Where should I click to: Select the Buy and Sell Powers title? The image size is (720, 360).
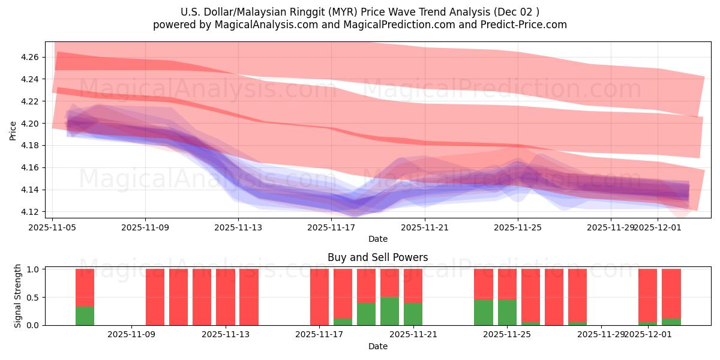pos(377,257)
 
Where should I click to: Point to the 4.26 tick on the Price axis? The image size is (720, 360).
pos(30,57)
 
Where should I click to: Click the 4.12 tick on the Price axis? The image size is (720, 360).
pos(30,212)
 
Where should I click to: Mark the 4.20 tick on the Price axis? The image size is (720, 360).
pos(30,124)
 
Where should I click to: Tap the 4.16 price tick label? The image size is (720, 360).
pos(30,168)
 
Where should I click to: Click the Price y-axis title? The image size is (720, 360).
pos(13,130)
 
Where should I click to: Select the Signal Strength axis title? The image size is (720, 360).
pos(18,296)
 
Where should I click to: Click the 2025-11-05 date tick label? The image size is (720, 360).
pos(52,228)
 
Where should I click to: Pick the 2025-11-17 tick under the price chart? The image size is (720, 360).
pos(331,228)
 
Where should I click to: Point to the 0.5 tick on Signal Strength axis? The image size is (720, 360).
pos(33,298)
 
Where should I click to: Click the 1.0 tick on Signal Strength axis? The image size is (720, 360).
pos(33,269)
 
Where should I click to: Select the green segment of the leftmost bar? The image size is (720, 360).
pos(85,316)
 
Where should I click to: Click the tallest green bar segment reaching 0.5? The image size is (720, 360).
pos(389,311)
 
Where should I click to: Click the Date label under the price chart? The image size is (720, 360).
pos(377,239)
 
